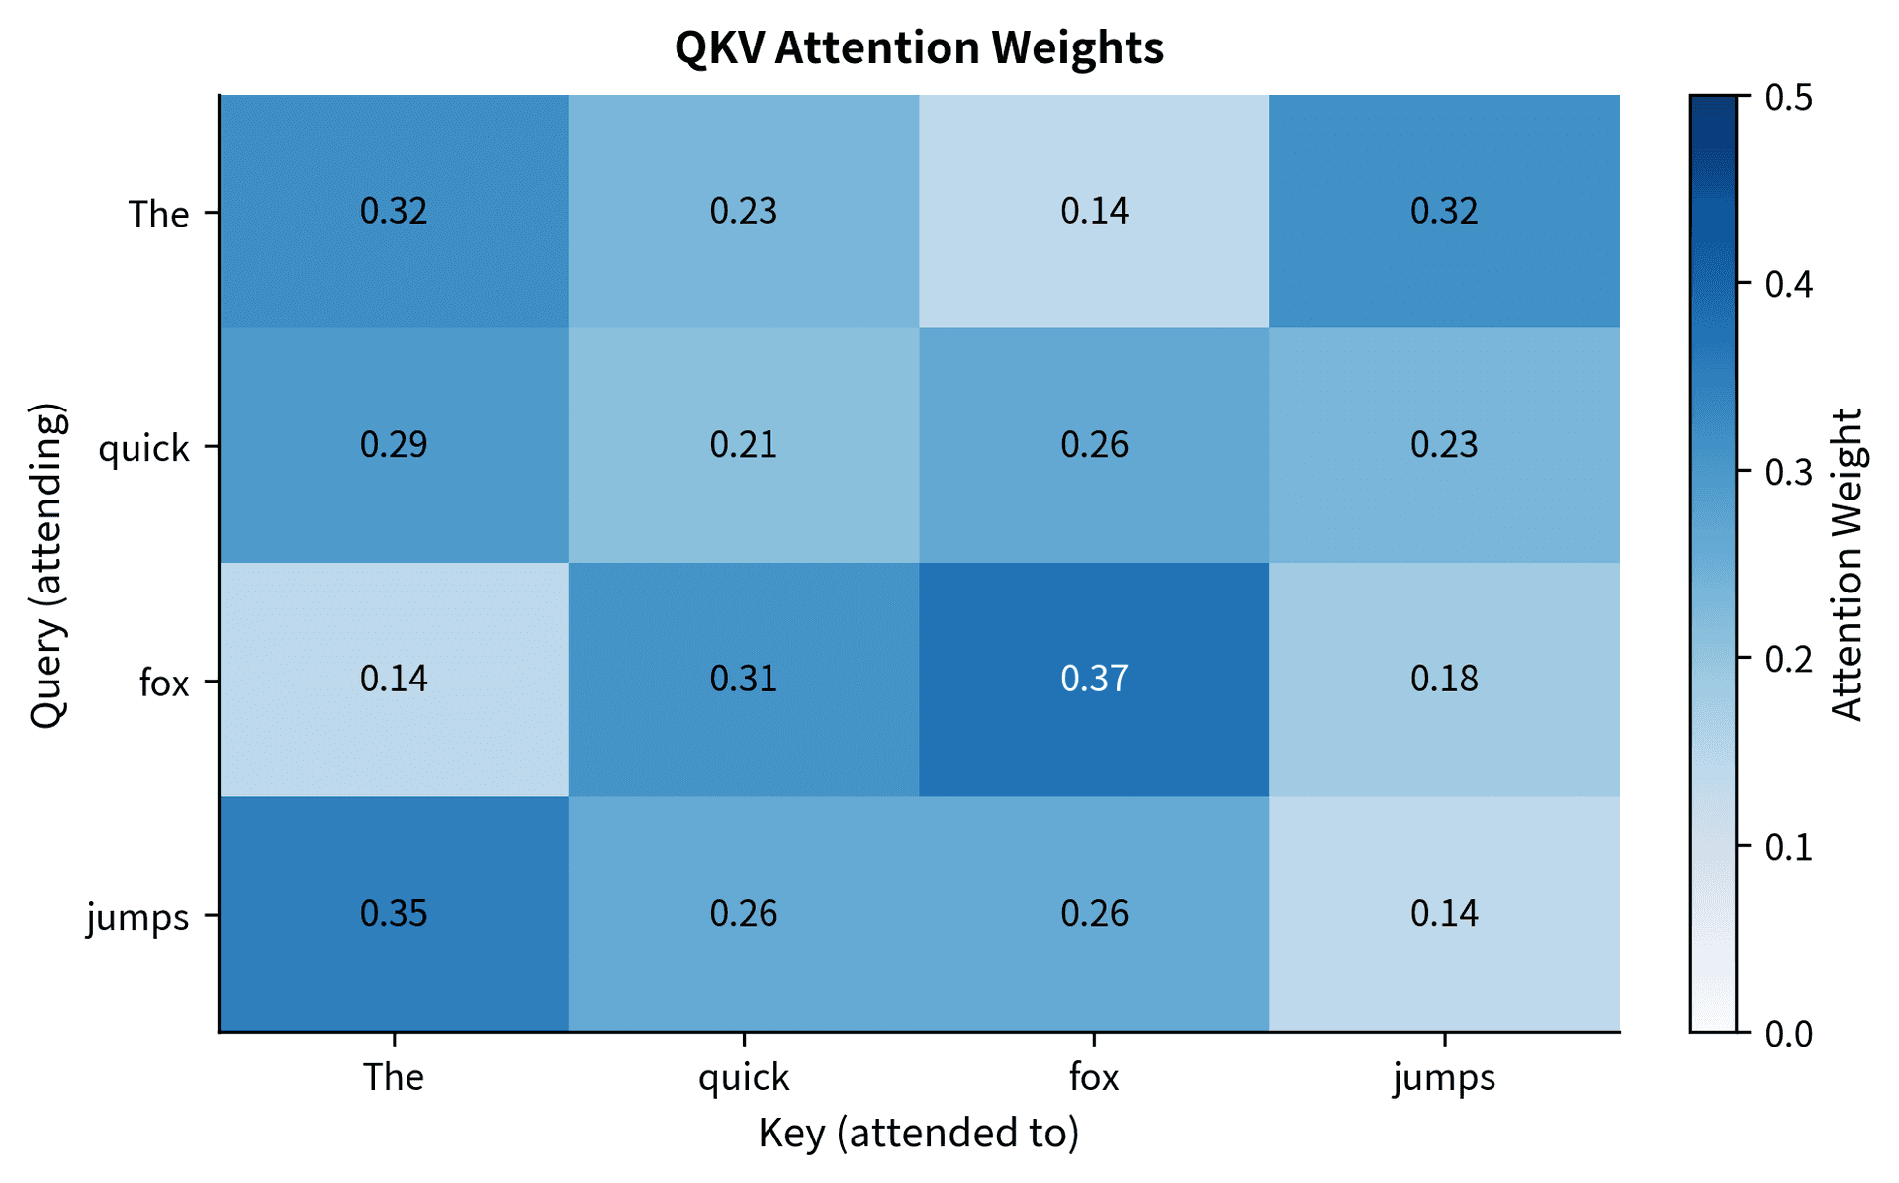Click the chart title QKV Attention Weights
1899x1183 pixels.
coord(919,47)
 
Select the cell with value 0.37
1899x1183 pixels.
coord(1094,680)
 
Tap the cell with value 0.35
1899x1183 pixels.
coord(394,913)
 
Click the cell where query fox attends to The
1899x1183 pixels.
coord(394,680)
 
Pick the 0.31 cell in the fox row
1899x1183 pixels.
coord(744,680)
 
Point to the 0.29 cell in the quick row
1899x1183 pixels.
coord(394,445)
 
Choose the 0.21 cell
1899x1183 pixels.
coord(744,445)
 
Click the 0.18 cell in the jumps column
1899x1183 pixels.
coord(1444,680)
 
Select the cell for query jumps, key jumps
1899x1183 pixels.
coord(1444,913)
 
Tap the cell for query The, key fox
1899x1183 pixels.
coord(1094,212)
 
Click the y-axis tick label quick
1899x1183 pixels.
coord(143,449)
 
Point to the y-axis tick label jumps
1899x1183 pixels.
coord(137,917)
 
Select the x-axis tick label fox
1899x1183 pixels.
coord(1094,1077)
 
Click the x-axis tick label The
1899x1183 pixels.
coord(394,1077)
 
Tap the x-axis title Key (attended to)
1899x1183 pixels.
coord(919,1134)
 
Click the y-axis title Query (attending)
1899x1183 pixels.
coord(47,565)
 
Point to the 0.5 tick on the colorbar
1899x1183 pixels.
coord(1788,98)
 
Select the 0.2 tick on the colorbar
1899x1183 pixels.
coord(1788,659)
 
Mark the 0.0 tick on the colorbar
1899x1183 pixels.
coord(1788,1034)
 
